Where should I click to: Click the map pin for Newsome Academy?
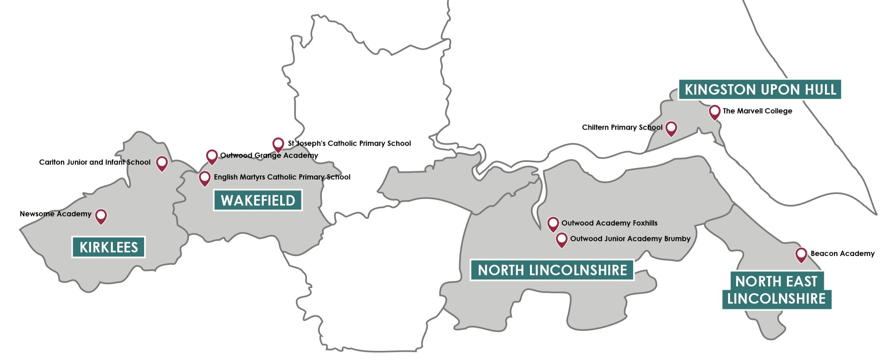101,216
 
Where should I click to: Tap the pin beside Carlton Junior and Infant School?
162,163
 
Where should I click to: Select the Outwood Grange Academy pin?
212,156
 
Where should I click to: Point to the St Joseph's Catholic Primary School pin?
278,144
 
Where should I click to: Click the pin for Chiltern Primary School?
671,128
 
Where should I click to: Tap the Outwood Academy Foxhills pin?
553,223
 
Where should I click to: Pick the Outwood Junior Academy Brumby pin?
562,239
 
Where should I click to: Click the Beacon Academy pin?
801,254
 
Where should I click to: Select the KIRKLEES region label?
108,247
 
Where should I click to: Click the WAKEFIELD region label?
258,200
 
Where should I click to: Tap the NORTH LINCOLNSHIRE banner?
552,270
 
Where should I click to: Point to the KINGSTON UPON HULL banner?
760,90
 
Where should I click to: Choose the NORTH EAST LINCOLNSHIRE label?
777,290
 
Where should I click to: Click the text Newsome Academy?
56,214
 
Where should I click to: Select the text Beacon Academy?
843,253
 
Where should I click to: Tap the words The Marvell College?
757,111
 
